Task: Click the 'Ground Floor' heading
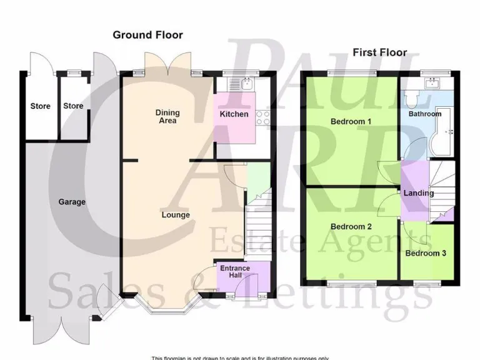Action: click(x=147, y=35)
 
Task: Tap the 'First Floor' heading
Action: click(x=379, y=52)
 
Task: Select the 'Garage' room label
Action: click(x=72, y=202)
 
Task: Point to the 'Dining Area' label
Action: click(x=167, y=116)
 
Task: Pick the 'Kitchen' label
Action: click(x=234, y=114)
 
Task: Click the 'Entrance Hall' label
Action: click(x=234, y=272)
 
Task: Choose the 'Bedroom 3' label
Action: click(x=426, y=253)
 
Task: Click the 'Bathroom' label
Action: click(x=425, y=114)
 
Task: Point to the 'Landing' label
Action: click(x=418, y=193)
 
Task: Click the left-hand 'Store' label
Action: click(x=41, y=106)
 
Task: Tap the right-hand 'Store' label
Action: click(x=73, y=106)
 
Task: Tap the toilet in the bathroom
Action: click(x=411, y=98)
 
